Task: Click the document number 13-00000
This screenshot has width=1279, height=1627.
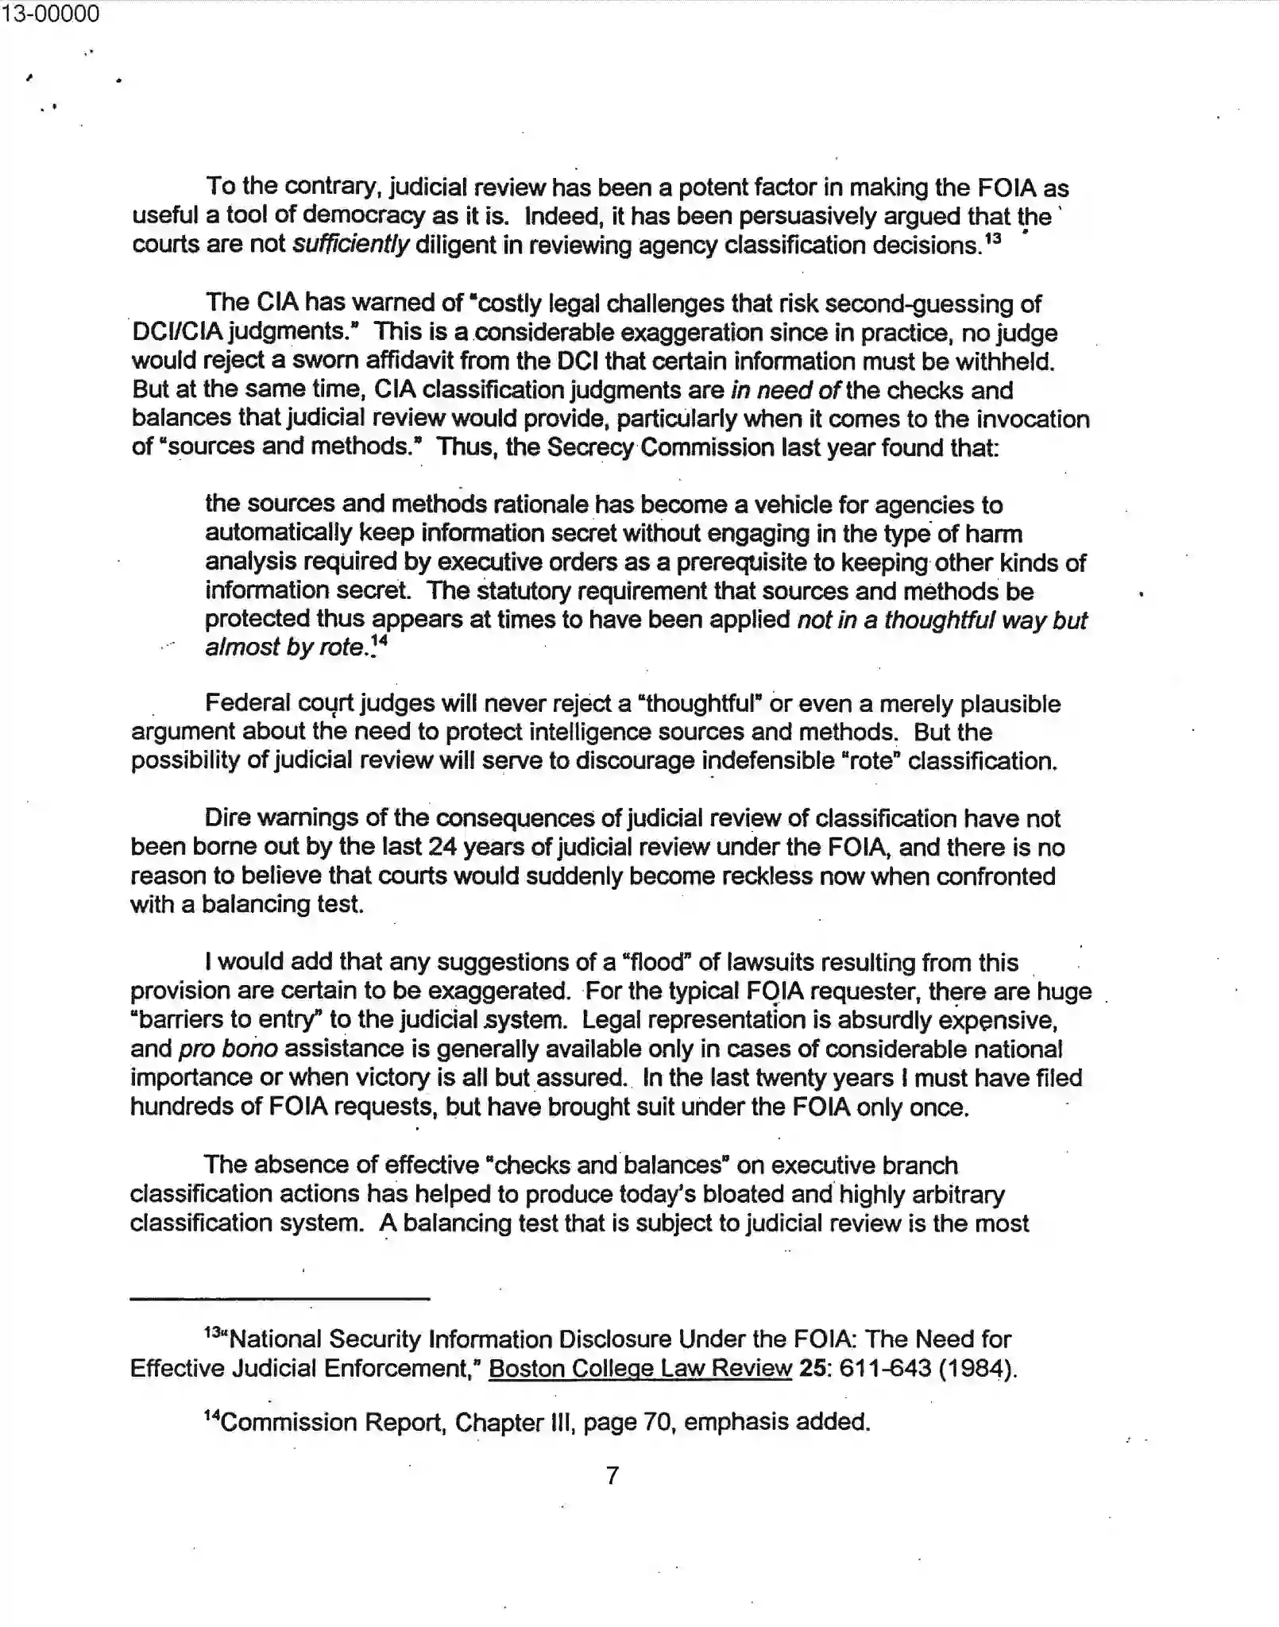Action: point(50,14)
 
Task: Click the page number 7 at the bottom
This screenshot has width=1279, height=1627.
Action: point(612,1475)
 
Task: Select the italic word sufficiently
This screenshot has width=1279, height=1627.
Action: point(350,245)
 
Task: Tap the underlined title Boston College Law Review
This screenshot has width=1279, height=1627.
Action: point(640,1368)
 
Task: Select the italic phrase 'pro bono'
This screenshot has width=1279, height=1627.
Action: point(228,1049)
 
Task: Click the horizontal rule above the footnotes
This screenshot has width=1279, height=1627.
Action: point(280,1298)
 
